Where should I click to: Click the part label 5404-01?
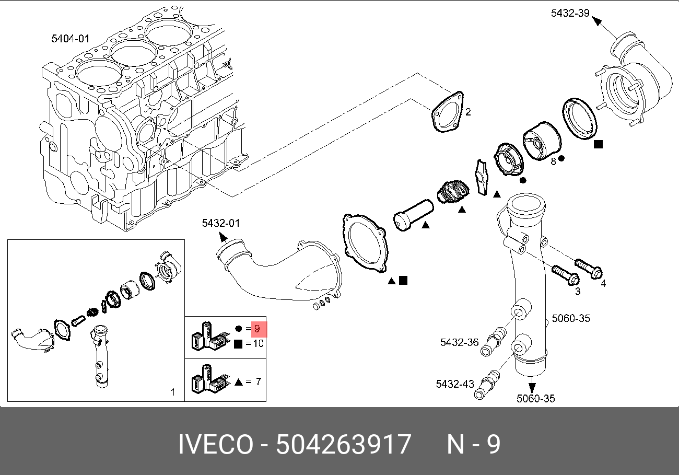pyautogui.click(x=71, y=38)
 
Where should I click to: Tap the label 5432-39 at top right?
pyautogui.click(x=570, y=13)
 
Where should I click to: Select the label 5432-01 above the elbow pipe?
pyautogui.click(x=221, y=224)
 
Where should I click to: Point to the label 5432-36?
pyautogui.click(x=459, y=342)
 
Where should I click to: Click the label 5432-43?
pyautogui.click(x=455, y=384)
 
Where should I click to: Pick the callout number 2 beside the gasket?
pyautogui.click(x=468, y=112)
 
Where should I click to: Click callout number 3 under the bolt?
pyautogui.click(x=577, y=292)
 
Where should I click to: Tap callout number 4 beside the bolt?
pyautogui.click(x=603, y=283)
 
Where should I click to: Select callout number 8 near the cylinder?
pyautogui.click(x=553, y=161)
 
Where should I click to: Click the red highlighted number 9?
pyautogui.click(x=257, y=329)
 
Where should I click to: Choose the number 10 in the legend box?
pyautogui.click(x=257, y=343)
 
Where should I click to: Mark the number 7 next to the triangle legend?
pyautogui.click(x=257, y=381)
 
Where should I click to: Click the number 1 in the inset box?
pyautogui.click(x=173, y=391)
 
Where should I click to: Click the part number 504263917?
pyautogui.click(x=343, y=445)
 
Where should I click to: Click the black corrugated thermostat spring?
pyautogui.click(x=453, y=192)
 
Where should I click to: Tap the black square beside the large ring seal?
pyautogui.click(x=599, y=144)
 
